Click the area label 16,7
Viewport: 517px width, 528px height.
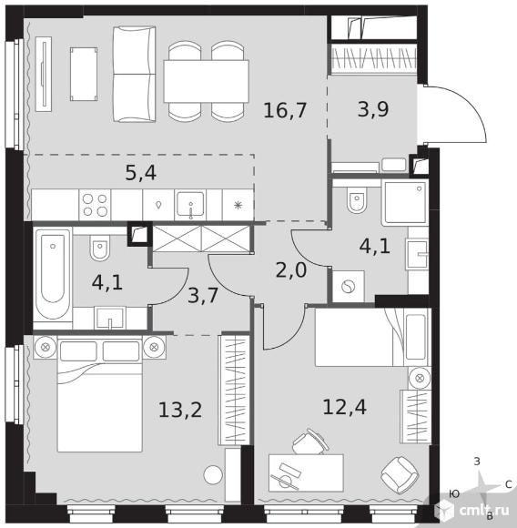[x=285, y=110]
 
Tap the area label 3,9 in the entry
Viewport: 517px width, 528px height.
[x=373, y=109]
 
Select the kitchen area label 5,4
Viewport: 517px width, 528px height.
[x=141, y=173]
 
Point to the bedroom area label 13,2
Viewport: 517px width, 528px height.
[x=180, y=411]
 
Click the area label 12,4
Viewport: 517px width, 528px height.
[x=345, y=407]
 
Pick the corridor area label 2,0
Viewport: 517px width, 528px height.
[x=291, y=270]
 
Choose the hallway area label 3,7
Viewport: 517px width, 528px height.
[x=203, y=296]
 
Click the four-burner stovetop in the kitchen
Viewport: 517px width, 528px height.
[x=95, y=205]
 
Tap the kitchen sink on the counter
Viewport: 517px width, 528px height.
[x=190, y=205]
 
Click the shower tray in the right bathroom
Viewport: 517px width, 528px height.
[x=405, y=202]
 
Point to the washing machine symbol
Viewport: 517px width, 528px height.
[x=348, y=287]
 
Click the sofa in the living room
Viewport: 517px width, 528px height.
[x=135, y=74]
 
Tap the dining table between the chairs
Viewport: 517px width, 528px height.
[x=207, y=81]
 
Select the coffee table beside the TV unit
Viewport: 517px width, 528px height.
[x=84, y=74]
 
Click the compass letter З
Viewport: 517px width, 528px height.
[x=477, y=462]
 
